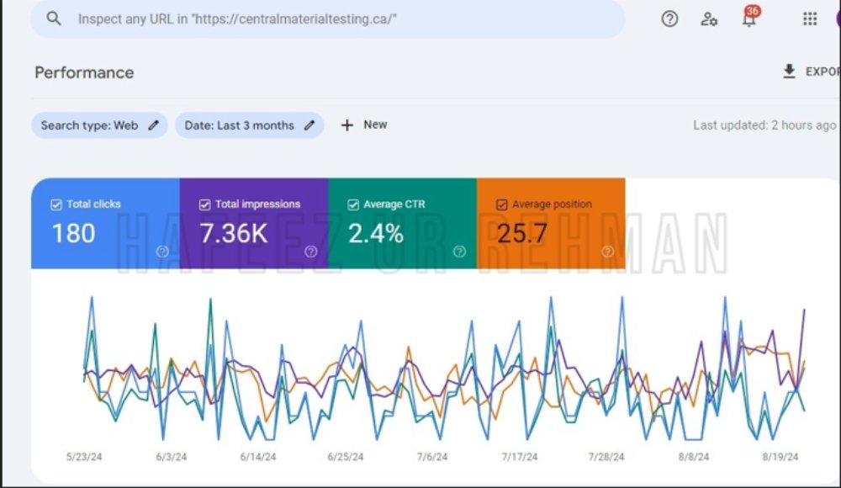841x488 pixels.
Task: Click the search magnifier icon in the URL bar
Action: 54,19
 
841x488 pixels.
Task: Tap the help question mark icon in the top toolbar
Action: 669,19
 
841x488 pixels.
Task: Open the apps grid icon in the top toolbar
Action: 810,19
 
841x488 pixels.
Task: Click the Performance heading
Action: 84,72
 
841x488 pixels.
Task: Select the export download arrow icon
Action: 789,72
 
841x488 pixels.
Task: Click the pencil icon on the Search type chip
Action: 153,125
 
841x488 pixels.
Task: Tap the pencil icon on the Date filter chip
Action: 309,125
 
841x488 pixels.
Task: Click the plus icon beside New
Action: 347,125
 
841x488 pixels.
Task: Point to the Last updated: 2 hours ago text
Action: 764,125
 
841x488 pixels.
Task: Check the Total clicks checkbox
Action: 56,204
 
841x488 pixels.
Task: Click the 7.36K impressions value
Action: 233,234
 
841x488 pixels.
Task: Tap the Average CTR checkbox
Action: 353,204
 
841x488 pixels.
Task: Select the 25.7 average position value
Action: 522,234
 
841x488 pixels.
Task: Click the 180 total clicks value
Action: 73,234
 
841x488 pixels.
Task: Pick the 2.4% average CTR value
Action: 375,234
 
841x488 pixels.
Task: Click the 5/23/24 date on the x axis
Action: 84,457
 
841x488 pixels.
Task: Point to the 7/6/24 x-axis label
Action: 432,457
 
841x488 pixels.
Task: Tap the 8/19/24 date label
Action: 780,457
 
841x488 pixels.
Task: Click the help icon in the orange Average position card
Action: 608,252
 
